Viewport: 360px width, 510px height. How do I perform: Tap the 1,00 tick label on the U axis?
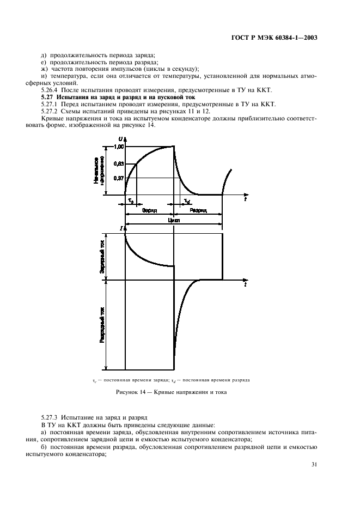(x=119, y=147)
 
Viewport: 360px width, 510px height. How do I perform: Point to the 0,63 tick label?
(x=119, y=163)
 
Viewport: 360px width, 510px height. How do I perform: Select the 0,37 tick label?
(x=119, y=178)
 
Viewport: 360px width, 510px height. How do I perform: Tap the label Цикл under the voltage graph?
(x=174, y=221)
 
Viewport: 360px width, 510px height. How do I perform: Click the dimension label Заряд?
(x=149, y=210)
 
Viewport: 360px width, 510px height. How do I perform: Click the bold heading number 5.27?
(x=48, y=96)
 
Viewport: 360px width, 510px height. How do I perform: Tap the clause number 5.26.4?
(x=51, y=89)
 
